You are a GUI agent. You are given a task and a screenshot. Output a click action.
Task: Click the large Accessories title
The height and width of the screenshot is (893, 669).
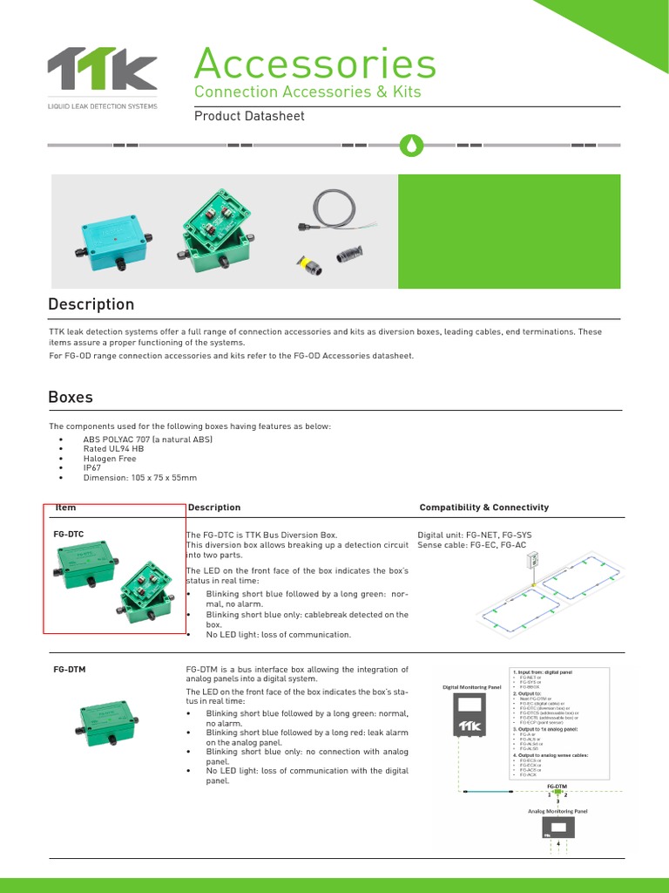point(314,64)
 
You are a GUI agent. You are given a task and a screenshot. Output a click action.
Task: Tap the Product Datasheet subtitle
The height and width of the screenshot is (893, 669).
point(249,116)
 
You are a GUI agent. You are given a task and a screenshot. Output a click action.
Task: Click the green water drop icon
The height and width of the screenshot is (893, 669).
point(408,145)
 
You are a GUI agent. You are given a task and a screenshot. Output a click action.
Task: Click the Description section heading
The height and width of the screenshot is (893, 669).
point(91,304)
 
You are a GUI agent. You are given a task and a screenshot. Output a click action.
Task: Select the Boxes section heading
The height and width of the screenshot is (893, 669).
point(71,397)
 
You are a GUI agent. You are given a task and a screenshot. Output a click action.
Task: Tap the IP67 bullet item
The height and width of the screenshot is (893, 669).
point(92,468)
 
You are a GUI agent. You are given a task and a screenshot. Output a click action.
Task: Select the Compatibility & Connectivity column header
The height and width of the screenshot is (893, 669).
point(483,508)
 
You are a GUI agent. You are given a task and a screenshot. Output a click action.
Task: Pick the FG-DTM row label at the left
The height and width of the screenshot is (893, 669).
point(70,669)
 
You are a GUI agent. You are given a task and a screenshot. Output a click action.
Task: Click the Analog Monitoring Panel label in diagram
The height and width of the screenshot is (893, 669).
point(557,811)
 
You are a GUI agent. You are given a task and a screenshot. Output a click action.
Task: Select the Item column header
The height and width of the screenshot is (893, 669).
point(66,508)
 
